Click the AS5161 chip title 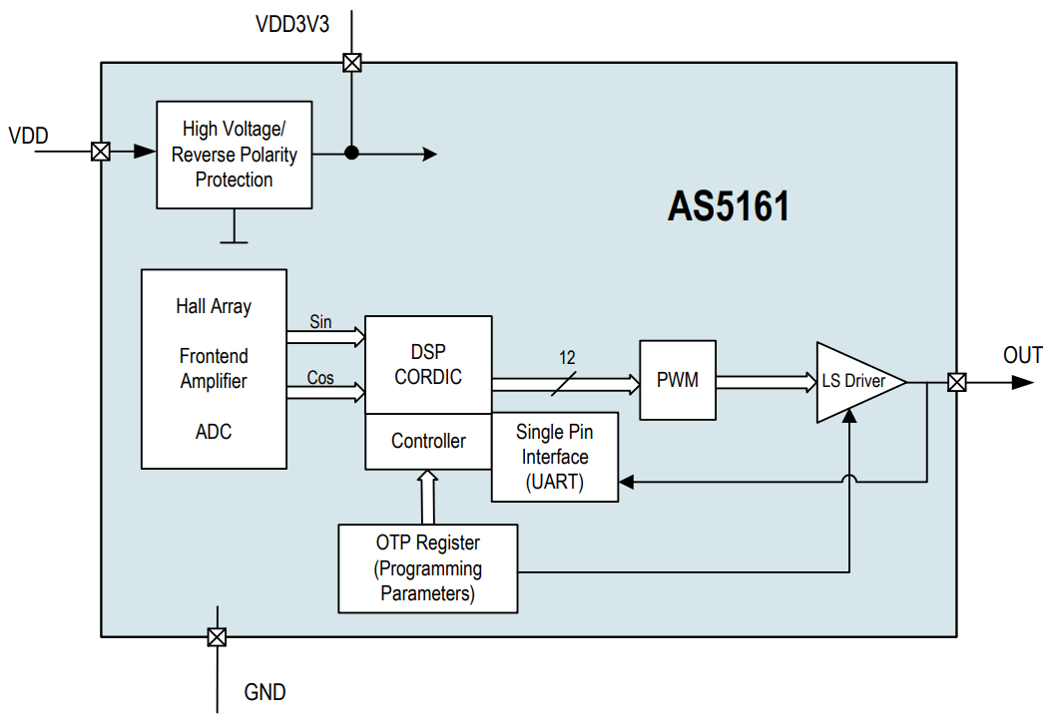[729, 207]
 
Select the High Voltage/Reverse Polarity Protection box [235, 155]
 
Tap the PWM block [678, 381]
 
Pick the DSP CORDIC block [428, 365]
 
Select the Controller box [428, 441]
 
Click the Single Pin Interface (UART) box [554, 457]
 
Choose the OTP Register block [428, 568]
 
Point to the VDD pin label [28, 136]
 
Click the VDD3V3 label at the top [292, 24]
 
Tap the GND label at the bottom [264, 692]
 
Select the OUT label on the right [1022, 355]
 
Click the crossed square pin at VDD [101, 152]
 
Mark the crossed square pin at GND [217, 637]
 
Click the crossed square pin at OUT [956, 382]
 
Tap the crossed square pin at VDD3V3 [351, 63]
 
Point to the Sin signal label [320, 322]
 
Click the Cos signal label [320, 378]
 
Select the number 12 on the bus [567, 358]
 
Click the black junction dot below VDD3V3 [351, 153]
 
